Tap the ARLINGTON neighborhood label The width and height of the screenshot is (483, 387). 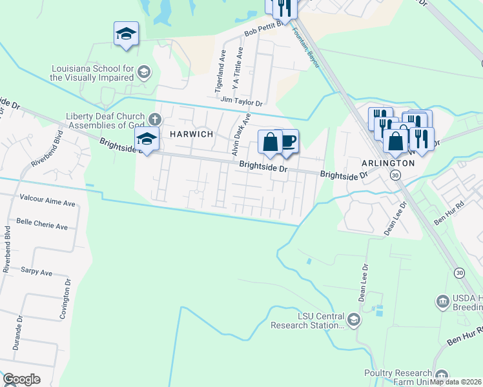pos(389,163)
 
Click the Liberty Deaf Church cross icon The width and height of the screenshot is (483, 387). pos(154,119)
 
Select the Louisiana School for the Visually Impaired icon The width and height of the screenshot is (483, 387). pos(143,71)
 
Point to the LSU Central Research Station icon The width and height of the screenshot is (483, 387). pos(353,319)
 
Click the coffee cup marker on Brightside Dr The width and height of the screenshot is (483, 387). pos(288,141)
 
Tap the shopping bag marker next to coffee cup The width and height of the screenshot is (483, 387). pos(270,142)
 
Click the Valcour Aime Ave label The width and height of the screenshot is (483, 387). pos(48,203)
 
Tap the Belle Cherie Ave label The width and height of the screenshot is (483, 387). pos(42,227)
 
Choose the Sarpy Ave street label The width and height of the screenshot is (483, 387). pos(36,272)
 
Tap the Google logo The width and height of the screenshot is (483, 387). pos(21,379)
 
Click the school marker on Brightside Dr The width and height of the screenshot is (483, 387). pos(147,139)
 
